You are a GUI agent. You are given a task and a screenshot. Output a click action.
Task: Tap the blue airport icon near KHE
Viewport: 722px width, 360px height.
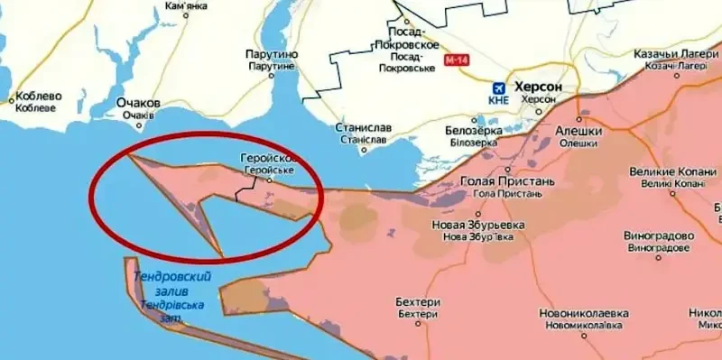coord(497,88)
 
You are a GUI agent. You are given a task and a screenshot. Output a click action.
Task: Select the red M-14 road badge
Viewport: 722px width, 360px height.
coord(457,60)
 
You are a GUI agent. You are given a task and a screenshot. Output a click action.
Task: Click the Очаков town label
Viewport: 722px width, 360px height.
coord(138,103)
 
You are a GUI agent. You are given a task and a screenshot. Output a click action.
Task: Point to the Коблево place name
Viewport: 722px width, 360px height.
coord(36,97)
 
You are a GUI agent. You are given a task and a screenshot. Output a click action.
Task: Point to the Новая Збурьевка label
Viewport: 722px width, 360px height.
coord(467,225)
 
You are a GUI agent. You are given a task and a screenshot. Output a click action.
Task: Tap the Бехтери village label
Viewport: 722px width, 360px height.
coord(417,301)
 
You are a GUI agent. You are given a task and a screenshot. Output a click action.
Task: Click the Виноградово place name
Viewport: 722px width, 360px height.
coord(660,235)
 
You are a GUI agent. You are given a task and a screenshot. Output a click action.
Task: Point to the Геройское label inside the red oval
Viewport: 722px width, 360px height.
coord(268,159)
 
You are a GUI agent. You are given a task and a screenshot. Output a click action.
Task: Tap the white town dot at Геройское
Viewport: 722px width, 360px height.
coord(268,180)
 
